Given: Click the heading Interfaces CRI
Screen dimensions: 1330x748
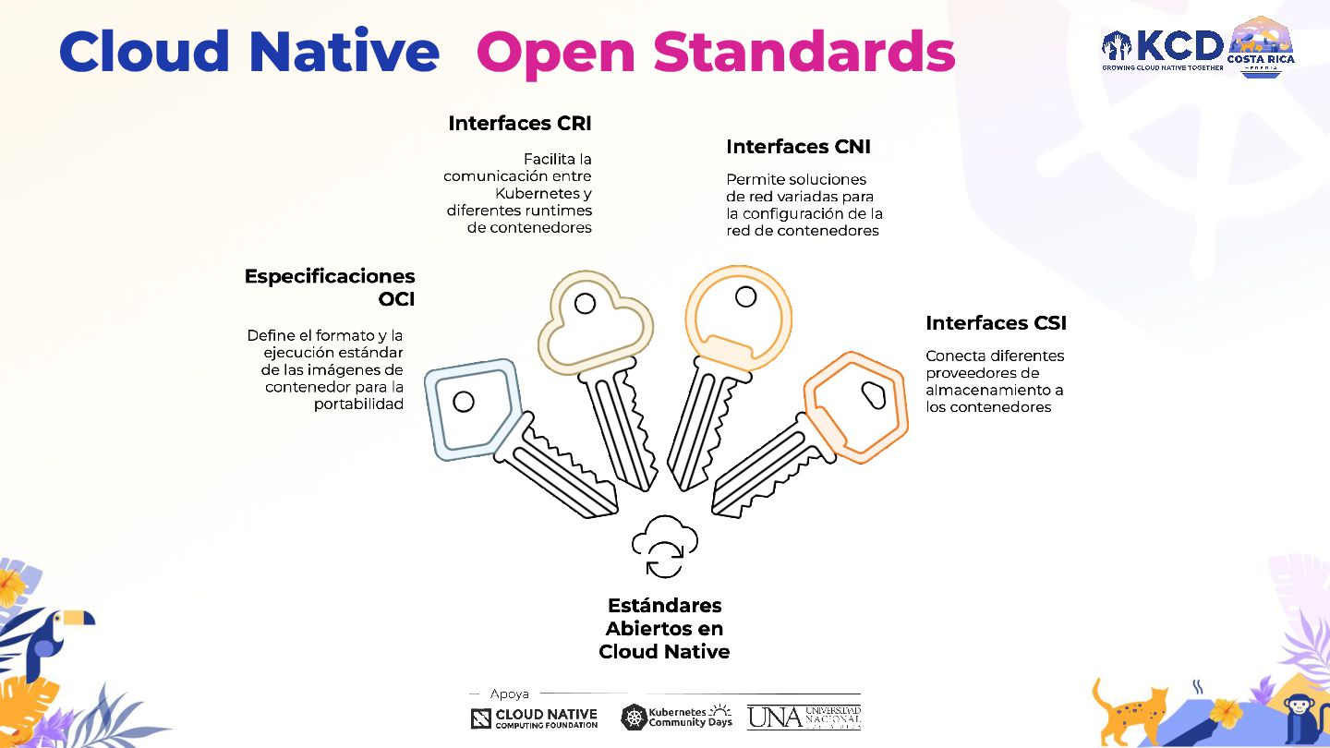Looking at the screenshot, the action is [x=520, y=123].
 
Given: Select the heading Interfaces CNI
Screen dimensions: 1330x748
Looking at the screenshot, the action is [x=798, y=147].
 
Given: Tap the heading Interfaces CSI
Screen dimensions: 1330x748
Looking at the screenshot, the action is [x=996, y=323].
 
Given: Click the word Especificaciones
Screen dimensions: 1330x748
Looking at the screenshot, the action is [x=330, y=276].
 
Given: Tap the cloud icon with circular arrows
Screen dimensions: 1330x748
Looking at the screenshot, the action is [x=664, y=546].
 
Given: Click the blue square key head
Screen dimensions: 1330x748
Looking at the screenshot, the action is [x=470, y=407].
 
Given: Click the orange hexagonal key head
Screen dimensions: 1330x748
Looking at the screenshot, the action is [x=856, y=404].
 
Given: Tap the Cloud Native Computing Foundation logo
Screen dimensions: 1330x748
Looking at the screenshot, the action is [x=534, y=718].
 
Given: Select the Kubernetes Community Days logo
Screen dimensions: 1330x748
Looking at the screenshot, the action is [x=676, y=717].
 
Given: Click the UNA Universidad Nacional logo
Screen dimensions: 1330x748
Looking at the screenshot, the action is [x=804, y=717].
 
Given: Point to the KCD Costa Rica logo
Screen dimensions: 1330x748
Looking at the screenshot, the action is [x=1198, y=47].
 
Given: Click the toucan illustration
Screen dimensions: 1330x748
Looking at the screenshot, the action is [x=46, y=637].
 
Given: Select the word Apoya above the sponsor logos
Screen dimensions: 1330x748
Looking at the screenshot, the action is [x=510, y=694].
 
